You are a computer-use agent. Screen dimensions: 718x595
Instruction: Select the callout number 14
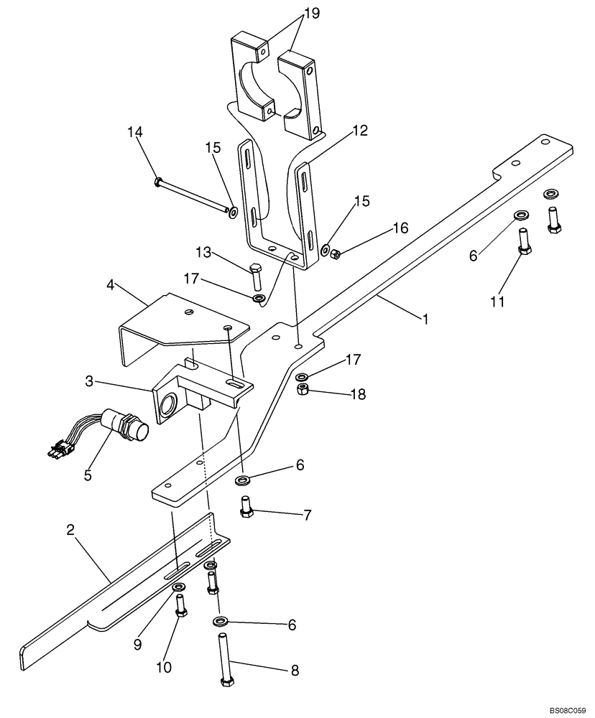pos(135,132)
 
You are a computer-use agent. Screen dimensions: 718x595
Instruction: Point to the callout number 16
pos(400,228)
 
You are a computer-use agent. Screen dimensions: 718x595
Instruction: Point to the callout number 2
pos(70,531)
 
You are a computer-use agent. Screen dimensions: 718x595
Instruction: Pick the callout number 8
pos(294,671)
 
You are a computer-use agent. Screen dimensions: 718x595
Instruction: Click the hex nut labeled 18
pos(304,390)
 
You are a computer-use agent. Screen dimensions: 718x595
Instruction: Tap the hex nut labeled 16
pos(334,252)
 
